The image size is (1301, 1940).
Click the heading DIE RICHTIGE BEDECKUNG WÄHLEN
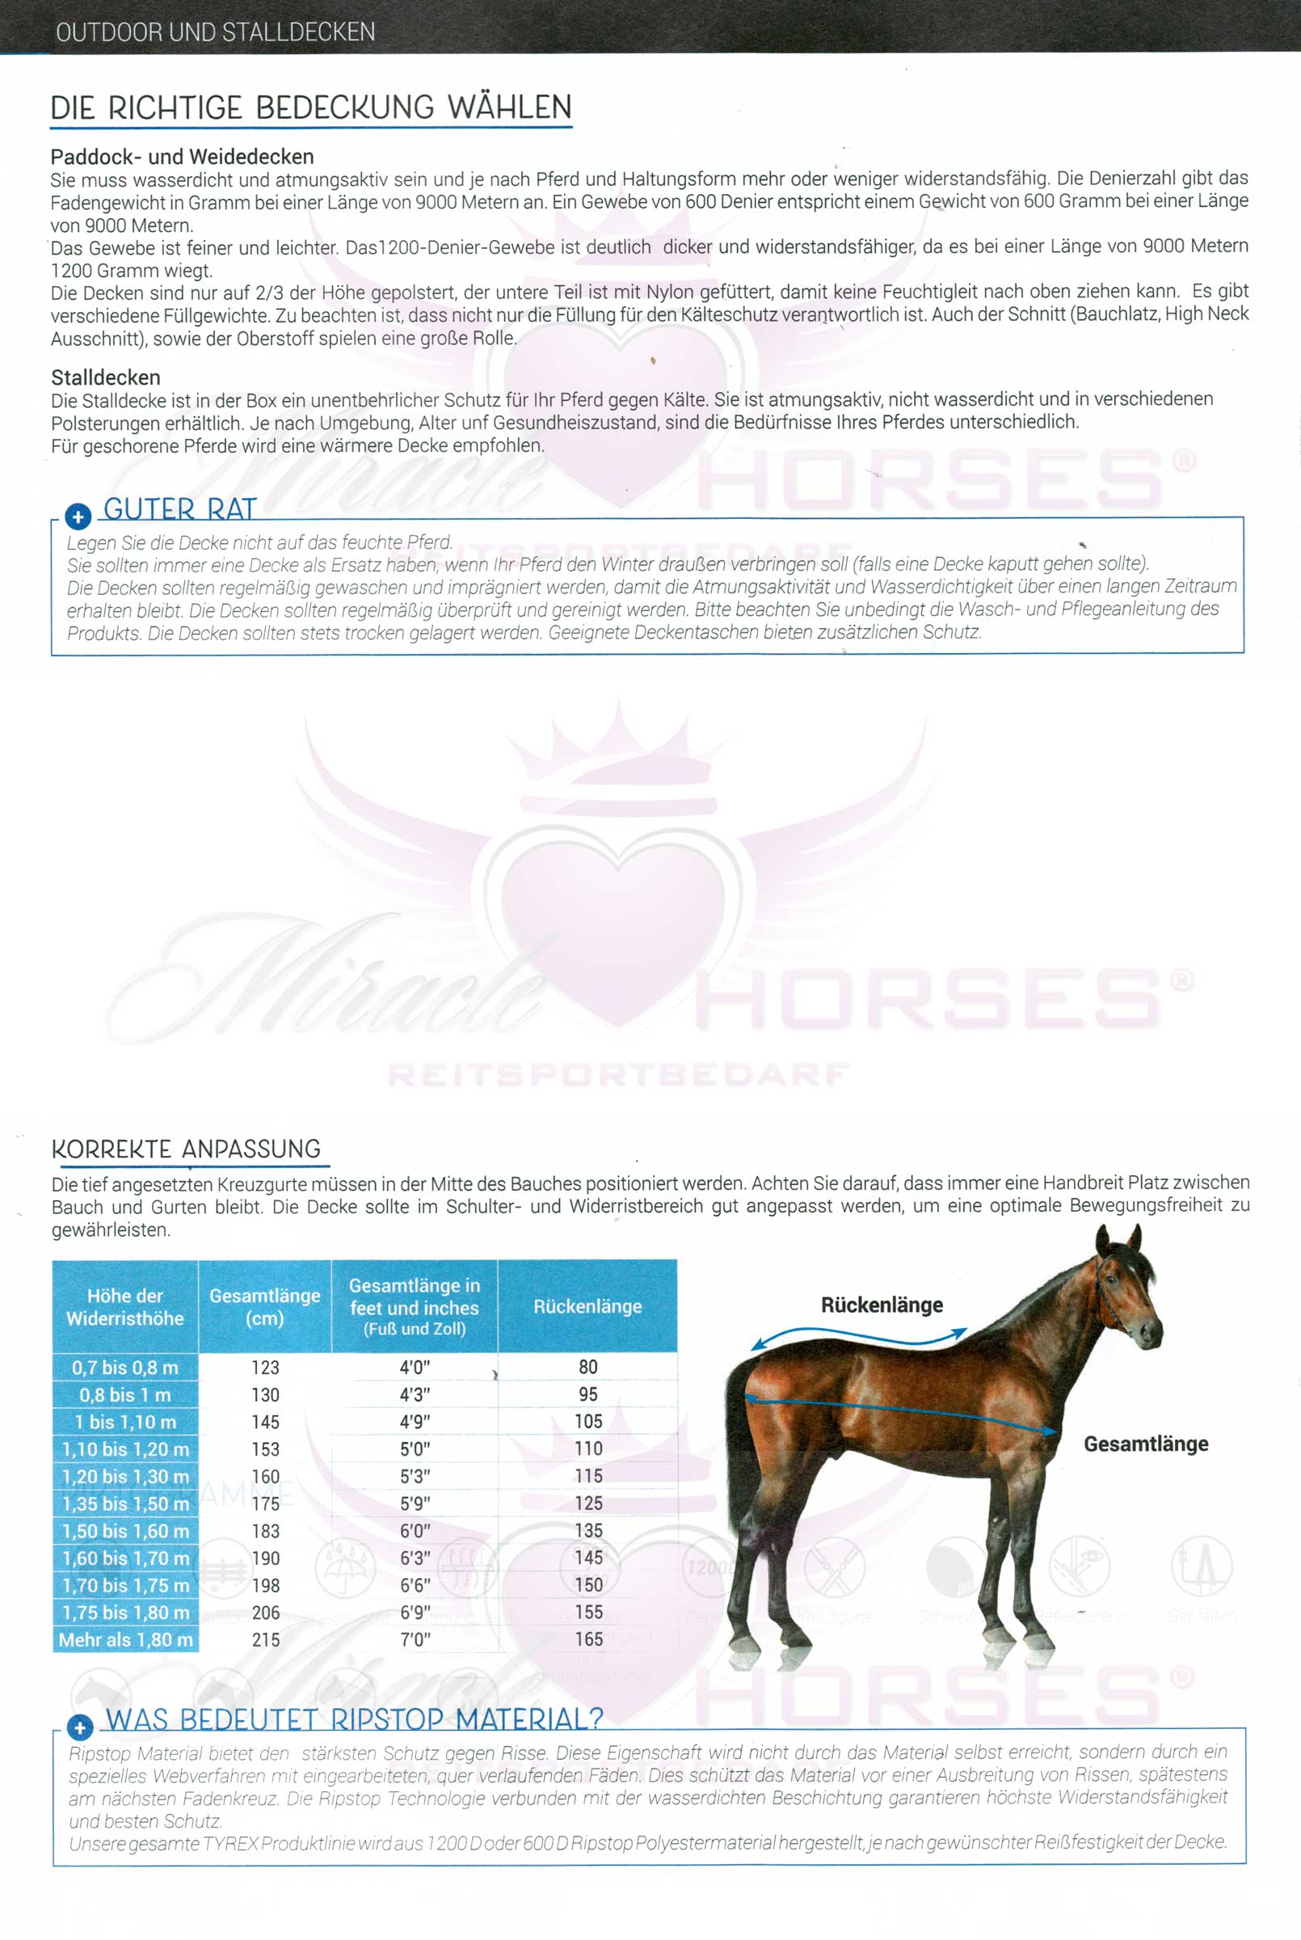(311, 108)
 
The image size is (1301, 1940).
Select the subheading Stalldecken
(105, 377)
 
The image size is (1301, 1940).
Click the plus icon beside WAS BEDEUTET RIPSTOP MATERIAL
(80, 1728)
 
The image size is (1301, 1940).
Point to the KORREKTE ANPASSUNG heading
(186, 1149)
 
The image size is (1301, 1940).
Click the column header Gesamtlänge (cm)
(265, 1306)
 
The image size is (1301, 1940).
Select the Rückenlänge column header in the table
(587, 1306)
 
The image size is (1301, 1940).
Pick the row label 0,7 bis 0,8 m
(125, 1368)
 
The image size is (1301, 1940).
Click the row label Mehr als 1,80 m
(125, 1639)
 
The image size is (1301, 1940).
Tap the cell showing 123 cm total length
(266, 1368)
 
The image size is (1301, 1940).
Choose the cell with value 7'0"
(415, 1639)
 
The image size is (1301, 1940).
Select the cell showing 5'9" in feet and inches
(415, 1503)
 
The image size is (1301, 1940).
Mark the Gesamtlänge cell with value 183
(266, 1531)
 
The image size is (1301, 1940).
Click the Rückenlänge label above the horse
(882, 1305)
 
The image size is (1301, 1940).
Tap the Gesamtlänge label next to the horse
(1145, 1444)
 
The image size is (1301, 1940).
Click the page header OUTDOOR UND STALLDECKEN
(216, 32)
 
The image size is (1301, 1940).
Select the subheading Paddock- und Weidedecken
(182, 157)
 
